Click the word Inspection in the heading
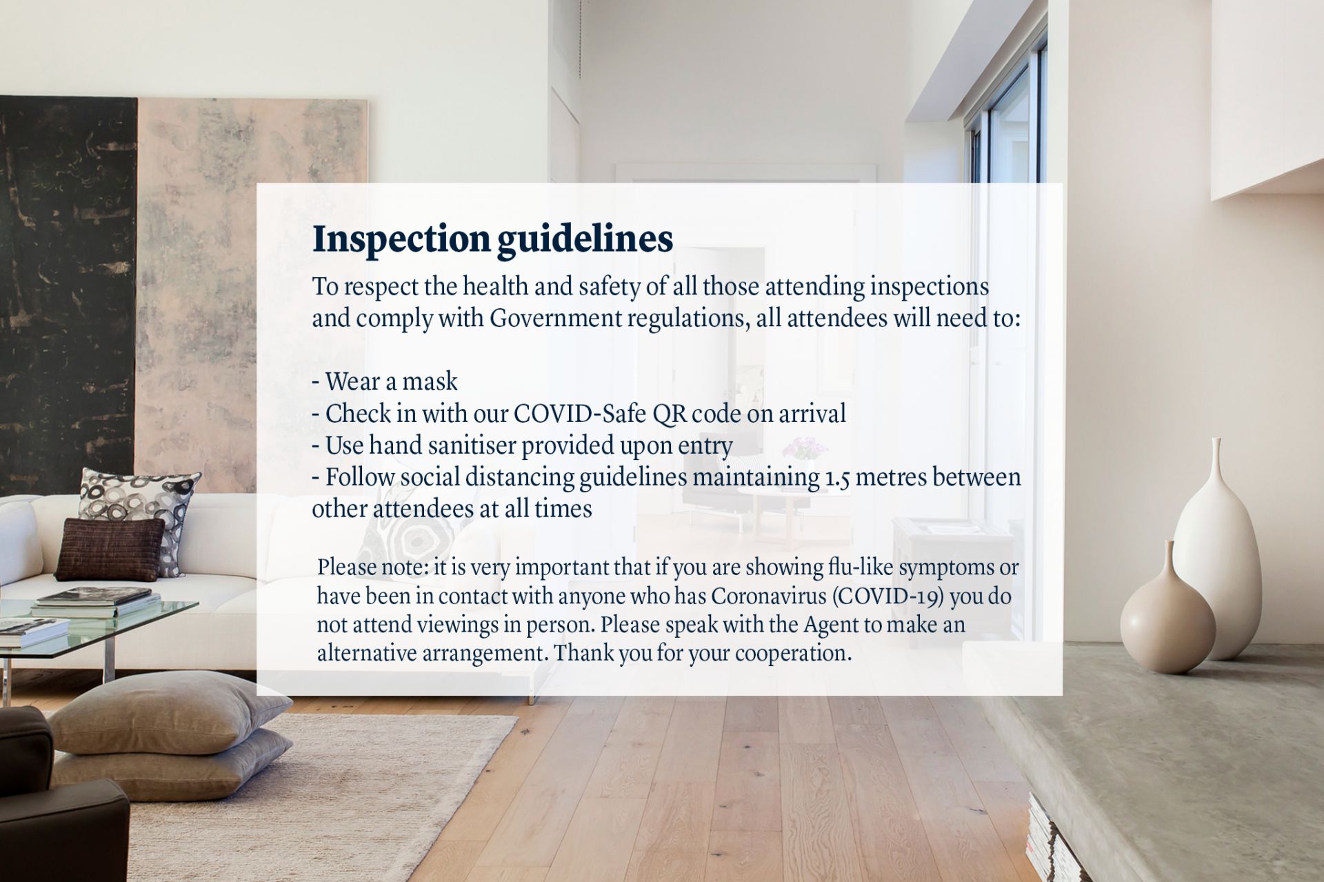(401, 240)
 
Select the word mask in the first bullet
(430, 381)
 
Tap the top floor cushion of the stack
(169, 711)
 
